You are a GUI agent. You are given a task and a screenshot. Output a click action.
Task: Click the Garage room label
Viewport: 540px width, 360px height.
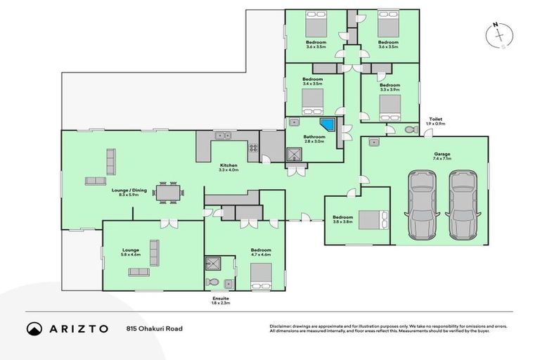click(442, 154)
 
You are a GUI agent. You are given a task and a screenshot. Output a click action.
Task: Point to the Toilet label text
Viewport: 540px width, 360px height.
click(437, 120)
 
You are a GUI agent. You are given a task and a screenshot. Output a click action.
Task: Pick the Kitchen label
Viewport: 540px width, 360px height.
click(229, 165)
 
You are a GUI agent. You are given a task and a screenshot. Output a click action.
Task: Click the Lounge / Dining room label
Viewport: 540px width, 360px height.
click(129, 190)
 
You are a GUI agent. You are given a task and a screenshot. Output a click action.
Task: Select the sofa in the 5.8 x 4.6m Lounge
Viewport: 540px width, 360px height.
click(154, 252)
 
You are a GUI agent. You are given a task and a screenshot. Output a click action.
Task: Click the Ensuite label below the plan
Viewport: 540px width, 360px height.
click(220, 298)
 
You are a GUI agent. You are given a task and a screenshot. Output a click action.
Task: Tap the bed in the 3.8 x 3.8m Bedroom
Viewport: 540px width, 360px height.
click(372, 220)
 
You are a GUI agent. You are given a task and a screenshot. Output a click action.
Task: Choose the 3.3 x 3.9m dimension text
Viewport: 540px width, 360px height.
click(390, 90)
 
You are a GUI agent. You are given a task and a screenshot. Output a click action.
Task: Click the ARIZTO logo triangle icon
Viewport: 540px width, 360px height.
click(34, 328)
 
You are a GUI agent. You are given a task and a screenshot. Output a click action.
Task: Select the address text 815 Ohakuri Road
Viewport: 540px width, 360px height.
click(154, 328)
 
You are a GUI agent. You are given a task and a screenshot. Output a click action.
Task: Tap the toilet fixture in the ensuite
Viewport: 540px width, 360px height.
click(213, 282)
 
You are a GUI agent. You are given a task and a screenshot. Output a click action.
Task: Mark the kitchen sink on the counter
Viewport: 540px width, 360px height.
click(224, 136)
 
